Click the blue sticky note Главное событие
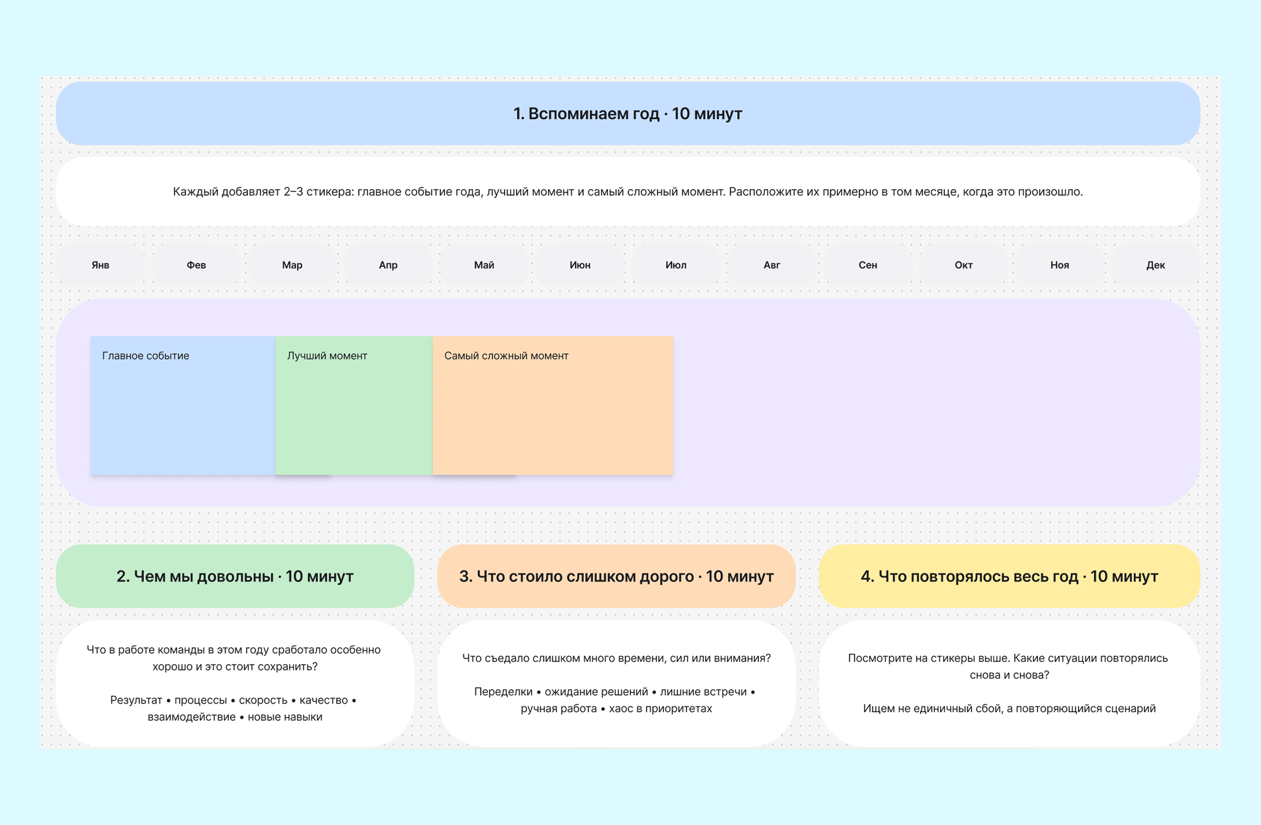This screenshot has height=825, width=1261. (x=183, y=405)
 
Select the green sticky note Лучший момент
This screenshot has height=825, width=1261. (x=354, y=405)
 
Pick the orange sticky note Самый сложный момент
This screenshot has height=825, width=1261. (x=553, y=405)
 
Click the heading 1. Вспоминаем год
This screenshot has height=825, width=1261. (x=628, y=113)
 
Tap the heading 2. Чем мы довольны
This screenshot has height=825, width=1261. (x=235, y=576)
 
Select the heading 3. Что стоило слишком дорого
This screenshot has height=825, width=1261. (x=616, y=576)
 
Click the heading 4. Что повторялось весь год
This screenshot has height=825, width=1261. (x=1009, y=576)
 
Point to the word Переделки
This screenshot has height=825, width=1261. (x=503, y=692)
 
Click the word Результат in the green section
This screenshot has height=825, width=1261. (x=136, y=700)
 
